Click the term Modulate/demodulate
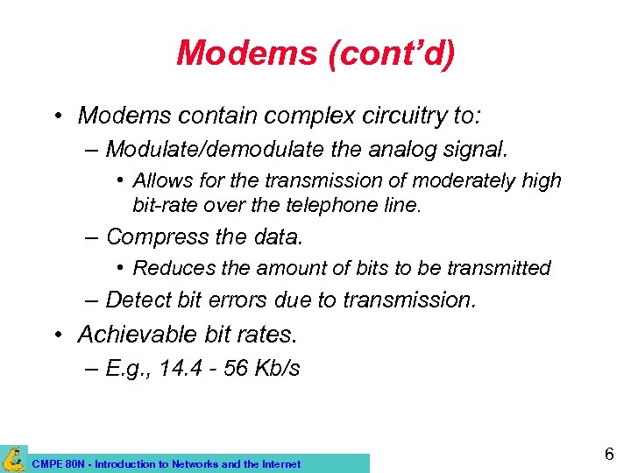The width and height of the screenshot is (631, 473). coord(216,150)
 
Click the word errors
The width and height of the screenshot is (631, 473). coord(238,300)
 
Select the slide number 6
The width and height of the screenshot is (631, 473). coord(608,454)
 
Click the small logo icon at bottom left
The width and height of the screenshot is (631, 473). coord(13,459)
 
